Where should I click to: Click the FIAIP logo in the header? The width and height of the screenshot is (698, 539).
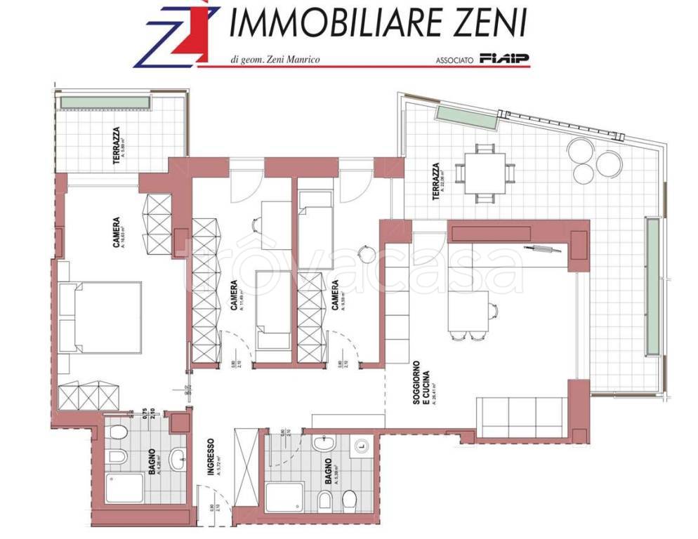tap(505, 58)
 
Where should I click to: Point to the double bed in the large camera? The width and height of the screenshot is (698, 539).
tap(102, 317)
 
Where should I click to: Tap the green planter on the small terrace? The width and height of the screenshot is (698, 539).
tap(105, 102)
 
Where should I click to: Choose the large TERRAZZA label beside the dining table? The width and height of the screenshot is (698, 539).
tap(437, 182)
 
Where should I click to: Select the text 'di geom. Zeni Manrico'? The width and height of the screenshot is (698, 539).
tap(275, 60)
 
